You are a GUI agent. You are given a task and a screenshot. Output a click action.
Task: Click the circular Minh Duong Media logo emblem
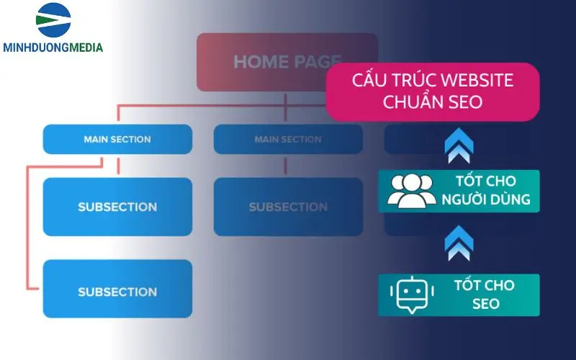(x=53, y=20)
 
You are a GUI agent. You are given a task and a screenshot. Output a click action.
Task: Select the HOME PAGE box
(x=287, y=62)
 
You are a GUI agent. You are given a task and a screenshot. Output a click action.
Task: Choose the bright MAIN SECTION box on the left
(x=117, y=139)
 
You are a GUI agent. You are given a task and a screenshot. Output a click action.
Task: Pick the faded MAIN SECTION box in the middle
(x=288, y=139)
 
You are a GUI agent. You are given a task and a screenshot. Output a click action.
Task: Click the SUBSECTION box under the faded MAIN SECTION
(x=288, y=207)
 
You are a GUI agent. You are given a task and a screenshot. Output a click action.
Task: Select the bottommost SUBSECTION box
(x=117, y=292)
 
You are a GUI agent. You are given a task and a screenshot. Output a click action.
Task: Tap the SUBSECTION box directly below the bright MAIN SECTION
(x=117, y=207)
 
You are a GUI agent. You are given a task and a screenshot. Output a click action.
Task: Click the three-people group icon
(x=411, y=192)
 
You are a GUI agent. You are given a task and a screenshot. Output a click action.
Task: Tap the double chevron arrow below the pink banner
(x=459, y=145)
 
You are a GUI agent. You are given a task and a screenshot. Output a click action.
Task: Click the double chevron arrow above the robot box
(x=459, y=243)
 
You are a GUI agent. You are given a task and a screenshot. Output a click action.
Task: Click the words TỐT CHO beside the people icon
(x=484, y=181)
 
